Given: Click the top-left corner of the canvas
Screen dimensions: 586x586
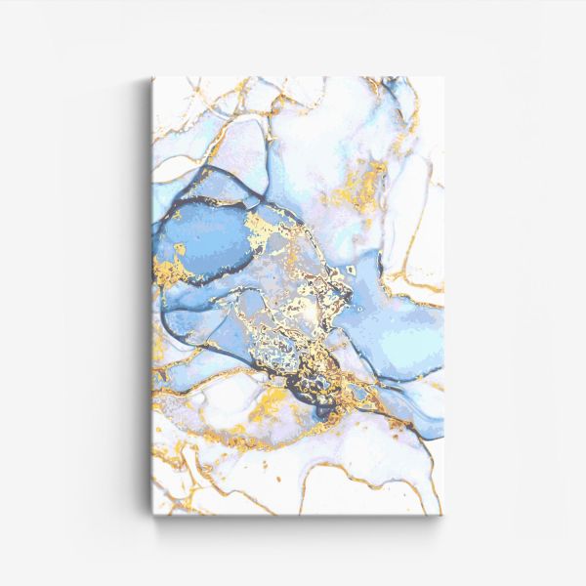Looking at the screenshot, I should point(153,78).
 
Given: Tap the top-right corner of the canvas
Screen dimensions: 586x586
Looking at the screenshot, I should point(442,78).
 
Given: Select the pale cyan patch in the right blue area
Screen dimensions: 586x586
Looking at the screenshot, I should point(410,337).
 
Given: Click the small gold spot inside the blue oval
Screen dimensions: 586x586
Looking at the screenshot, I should point(181,251).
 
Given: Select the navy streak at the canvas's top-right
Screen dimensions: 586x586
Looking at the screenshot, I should point(400,93).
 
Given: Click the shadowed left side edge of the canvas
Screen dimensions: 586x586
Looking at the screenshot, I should point(151,293).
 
